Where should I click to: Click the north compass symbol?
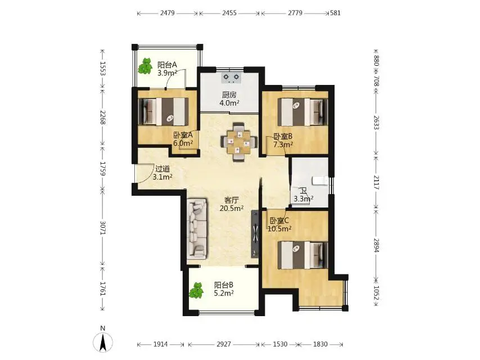pos(103,341)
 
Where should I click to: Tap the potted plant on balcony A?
pos(145,66)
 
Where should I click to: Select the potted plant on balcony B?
pos(196,291)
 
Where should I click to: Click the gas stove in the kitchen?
pos(232,78)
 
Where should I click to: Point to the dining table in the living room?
pos(238,142)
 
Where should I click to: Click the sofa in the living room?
pos(197,228)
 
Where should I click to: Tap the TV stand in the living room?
pos(255,234)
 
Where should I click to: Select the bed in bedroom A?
pos(163,111)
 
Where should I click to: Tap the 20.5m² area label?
pos(232,209)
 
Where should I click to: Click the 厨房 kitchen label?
pos(229,94)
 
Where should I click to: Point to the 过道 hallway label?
pos(162,169)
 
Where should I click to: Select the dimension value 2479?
pos(167,13)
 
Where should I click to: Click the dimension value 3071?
pos(102,228)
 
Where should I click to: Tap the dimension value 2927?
pos(224,344)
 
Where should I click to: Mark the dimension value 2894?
pos(376,245)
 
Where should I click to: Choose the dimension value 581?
pos(335,13)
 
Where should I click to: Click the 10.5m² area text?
pos(279,228)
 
